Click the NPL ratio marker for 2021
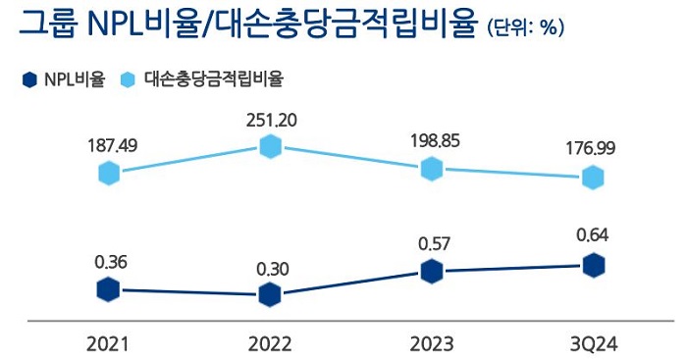coord(109,289)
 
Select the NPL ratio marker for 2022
coord(271,294)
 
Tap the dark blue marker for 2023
coord(431,273)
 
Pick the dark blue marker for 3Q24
coord(592,265)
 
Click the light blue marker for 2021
coord(109,174)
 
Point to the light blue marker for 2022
coord(271,147)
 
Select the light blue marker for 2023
coord(431,169)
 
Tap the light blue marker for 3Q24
coord(592,178)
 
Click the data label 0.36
coord(111,263)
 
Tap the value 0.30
coord(271,268)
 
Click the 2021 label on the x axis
coord(108,342)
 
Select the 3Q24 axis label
coord(592,342)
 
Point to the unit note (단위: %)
coord(524,29)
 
